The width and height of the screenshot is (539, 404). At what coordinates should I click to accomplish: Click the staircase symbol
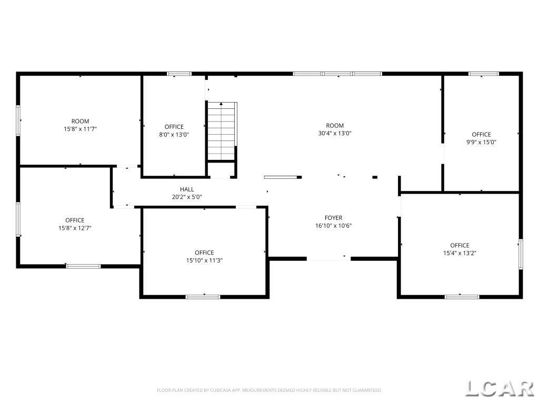(x=222, y=131)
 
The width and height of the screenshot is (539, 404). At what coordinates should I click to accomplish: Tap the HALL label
(x=187, y=189)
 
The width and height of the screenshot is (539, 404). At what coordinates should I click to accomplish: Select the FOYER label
(x=333, y=218)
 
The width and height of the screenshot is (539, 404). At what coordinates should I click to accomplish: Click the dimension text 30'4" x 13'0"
(x=335, y=133)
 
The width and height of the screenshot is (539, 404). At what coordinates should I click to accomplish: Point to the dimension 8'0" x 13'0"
(x=174, y=135)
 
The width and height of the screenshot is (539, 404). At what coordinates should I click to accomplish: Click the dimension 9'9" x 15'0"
(x=481, y=142)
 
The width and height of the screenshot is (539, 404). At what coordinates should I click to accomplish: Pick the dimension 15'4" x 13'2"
(x=460, y=253)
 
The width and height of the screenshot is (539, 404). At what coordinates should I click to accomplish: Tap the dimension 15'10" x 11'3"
(x=205, y=260)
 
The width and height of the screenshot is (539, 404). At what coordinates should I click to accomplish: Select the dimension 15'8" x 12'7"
(x=75, y=228)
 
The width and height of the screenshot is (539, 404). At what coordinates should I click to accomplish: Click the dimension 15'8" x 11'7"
(x=81, y=129)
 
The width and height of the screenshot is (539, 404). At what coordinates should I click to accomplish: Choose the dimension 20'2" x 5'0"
(x=187, y=197)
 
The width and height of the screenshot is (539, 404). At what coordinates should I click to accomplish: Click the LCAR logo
(x=500, y=389)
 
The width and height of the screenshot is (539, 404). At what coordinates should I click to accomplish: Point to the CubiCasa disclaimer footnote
(x=269, y=390)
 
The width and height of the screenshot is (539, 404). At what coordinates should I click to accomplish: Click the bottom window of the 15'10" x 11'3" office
(x=203, y=297)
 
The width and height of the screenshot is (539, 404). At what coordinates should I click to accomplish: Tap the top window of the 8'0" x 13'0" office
(x=179, y=74)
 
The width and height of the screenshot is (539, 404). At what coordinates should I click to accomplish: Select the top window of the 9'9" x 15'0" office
(x=484, y=74)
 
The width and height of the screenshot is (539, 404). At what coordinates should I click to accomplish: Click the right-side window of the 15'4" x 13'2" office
(x=521, y=254)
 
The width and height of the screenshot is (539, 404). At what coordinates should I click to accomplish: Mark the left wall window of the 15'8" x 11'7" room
(x=18, y=120)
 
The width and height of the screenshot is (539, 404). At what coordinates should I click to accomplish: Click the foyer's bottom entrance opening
(x=328, y=259)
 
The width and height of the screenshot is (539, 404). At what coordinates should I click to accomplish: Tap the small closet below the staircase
(x=222, y=169)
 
